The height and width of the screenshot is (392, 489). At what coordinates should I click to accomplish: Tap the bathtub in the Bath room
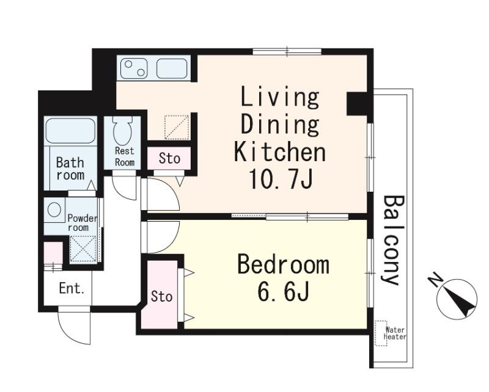tap(70, 130)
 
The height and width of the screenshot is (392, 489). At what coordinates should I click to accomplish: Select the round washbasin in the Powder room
tap(54, 209)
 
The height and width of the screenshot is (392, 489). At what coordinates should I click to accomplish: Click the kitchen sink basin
tap(172, 68)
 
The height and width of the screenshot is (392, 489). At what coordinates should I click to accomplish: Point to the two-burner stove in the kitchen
tap(134, 68)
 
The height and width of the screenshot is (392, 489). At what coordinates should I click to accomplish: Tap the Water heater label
tap(395, 333)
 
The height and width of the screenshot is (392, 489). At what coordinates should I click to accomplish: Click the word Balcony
tap(393, 240)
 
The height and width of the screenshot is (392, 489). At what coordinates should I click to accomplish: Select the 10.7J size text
tap(281, 180)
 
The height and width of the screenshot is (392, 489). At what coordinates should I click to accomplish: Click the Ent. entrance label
tap(72, 289)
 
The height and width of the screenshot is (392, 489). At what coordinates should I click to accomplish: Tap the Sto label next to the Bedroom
tap(161, 296)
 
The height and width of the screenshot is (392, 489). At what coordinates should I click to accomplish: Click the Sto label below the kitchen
tap(169, 158)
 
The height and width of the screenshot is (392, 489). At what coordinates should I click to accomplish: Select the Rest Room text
tap(125, 156)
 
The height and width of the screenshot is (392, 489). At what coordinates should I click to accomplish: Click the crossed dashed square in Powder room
tap(83, 249)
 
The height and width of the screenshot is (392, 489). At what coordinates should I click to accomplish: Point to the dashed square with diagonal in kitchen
tap(177, 127)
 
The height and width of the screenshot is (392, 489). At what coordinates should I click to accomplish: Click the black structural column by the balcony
tap(358, 103)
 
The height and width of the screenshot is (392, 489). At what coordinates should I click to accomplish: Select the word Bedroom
tap(283, 265)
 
